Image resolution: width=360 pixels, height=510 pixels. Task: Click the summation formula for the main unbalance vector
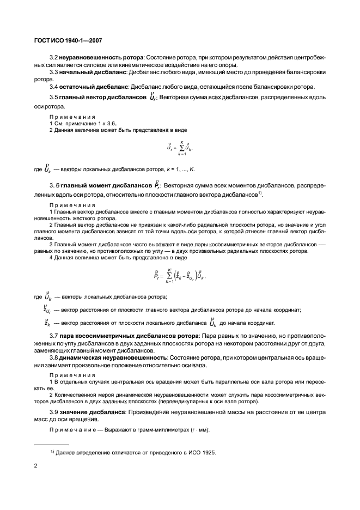click(180, 147)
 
